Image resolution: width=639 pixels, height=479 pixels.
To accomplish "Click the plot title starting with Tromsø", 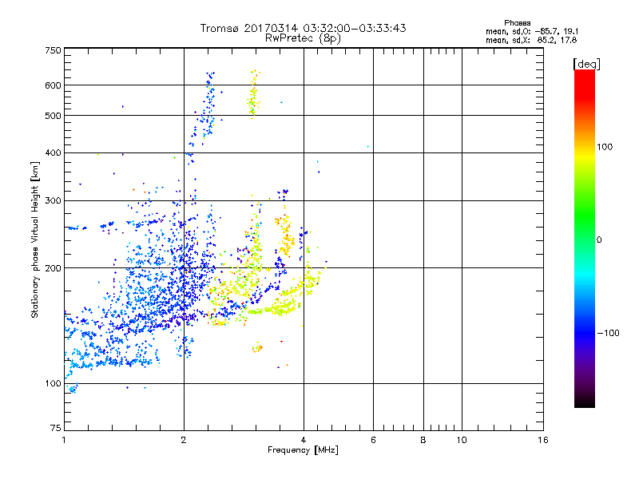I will tap(303, 28).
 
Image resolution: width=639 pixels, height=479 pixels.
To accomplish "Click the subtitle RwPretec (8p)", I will tap(303, 38).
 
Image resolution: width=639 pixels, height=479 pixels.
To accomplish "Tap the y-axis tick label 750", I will tap(53, 49).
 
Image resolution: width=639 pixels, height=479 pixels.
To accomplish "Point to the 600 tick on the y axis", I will tap(53, 85).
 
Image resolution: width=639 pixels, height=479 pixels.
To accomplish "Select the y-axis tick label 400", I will tap(53, 152).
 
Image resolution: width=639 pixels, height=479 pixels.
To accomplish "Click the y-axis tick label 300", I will tap(53, 200).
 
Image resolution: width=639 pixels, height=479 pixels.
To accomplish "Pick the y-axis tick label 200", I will tap(53, 268).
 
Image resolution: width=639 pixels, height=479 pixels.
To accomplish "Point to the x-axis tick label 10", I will tap(461, 440).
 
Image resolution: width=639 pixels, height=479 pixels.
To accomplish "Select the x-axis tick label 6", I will tap(373, 440).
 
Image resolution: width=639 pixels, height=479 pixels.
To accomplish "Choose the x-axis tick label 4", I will tap(304, 440).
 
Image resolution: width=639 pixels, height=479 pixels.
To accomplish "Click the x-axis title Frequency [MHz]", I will tap(303, 451).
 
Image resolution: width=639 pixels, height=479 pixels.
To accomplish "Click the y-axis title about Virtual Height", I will tap(35, 239).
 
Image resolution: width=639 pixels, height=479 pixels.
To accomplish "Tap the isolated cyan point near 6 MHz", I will tap(367, 146).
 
